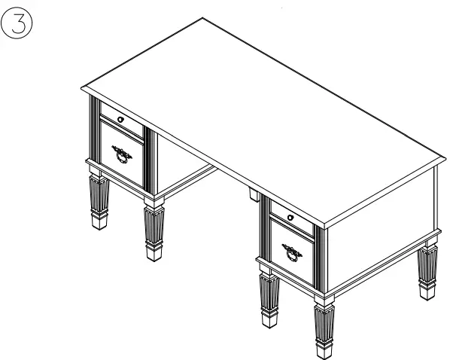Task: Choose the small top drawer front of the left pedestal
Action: (x=122, y=120)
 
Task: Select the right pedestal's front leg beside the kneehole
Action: (x=268, y=297)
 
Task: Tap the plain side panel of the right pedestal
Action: (x=380, y=226)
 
